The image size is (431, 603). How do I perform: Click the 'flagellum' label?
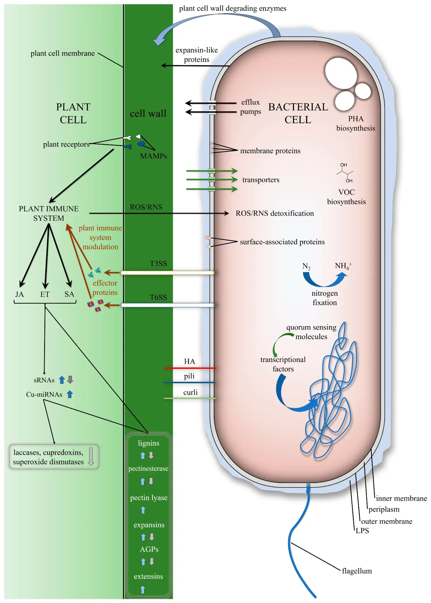click(x=356, y=571)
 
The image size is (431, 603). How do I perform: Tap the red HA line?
click(x=190, y=368)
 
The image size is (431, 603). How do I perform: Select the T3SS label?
click(x=158, y=263)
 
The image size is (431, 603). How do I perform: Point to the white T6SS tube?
click(x=167, y=305)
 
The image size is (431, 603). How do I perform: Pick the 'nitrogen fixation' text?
click(x=324, y=298)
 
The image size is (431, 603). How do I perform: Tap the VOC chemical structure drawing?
click(x=345, y=173)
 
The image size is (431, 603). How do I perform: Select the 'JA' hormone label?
click(x=19, y=294)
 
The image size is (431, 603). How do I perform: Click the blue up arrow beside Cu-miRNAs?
click(x=70, y=394)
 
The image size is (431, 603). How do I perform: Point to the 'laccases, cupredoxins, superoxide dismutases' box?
click(x=54, y=457)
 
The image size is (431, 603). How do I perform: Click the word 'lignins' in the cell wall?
click(x=148, y=443)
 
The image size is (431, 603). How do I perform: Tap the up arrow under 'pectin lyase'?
click(x=143, y=510)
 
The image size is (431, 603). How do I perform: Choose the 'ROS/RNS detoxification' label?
click(x=274, y=213)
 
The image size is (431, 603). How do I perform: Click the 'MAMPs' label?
click(x=153, y=156)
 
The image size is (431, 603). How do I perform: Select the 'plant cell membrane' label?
click(x=62, y=53)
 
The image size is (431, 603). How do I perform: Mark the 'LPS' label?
click(x=362, y=531)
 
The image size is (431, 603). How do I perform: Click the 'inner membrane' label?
click(x=401, y=499)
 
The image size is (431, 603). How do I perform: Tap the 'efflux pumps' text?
click(x=250, y=107)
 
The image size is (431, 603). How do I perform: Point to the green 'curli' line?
click(x=190, y=398)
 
